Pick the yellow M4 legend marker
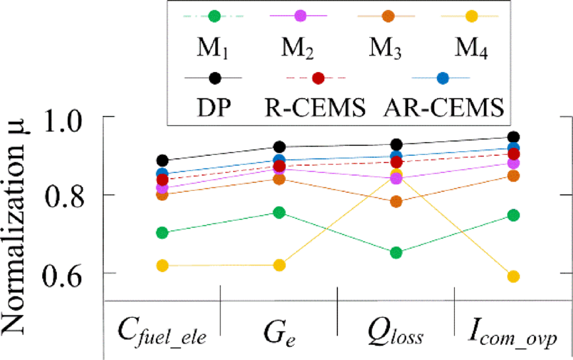(470, 15)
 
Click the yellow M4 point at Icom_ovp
(513, 276)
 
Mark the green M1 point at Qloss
(396, 252)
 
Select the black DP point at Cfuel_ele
(162, 161)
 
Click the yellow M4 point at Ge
(279, 265)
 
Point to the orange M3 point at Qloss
(396, 201)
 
